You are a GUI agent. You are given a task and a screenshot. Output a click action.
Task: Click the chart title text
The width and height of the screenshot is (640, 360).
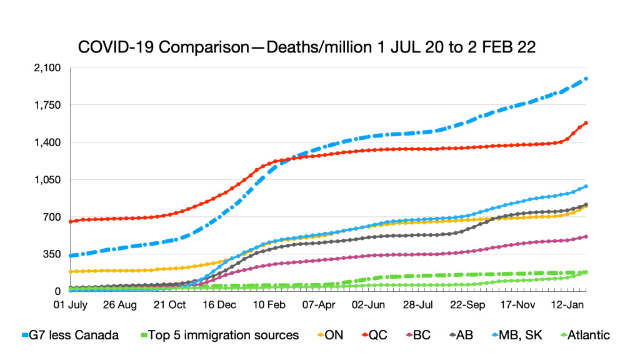coord(306,48)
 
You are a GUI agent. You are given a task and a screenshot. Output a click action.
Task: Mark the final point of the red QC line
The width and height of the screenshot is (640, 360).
coord(586,123)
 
